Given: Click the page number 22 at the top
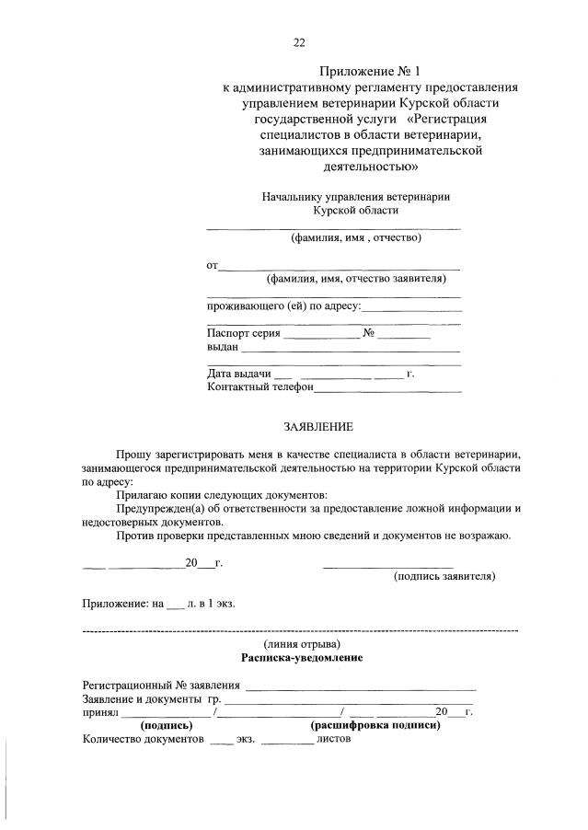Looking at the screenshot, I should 298,42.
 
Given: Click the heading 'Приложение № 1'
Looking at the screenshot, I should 371,71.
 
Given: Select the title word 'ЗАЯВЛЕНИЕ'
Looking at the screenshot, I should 317,427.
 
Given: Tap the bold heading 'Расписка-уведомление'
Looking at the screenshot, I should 302,658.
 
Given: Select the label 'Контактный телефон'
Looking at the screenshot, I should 260,387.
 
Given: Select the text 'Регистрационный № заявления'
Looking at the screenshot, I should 161,686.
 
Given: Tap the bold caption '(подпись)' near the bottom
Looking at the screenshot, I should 166,725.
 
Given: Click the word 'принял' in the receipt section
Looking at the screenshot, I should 100,712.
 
